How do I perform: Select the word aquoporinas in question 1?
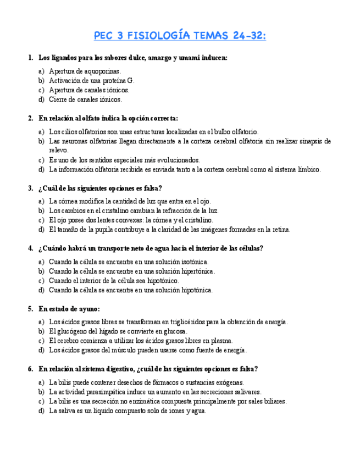tap(102, 71)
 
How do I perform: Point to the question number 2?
tap(30, 118)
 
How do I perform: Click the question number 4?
tap(30, 248)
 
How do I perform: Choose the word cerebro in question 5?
tap(69, 341)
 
